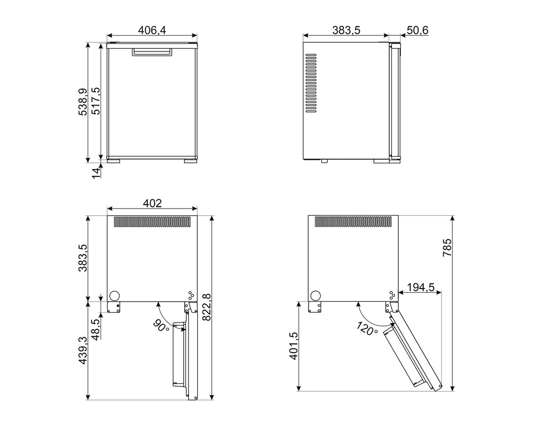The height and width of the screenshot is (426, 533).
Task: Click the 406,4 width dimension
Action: pos(152,30)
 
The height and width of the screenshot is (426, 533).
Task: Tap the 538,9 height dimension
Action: pos(83,102)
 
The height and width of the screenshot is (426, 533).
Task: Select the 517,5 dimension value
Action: pos(96,101)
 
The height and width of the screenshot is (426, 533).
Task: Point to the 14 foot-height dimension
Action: pos(96,173)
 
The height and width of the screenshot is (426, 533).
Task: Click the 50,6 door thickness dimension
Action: pos(417,30)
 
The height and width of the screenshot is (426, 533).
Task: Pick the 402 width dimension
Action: pos(153,203)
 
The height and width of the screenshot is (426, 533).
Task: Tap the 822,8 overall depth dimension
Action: pos(206,307)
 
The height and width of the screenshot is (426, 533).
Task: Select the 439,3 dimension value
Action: pos(83,350)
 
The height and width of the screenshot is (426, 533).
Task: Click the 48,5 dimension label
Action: pos(96,329)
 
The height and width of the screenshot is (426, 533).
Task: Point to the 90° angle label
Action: pos(161,326)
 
